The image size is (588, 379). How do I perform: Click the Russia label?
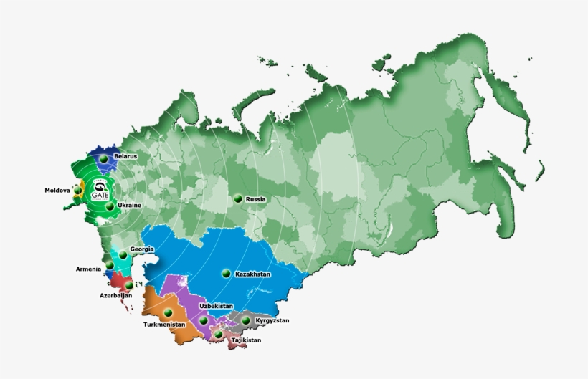tap(256, 199)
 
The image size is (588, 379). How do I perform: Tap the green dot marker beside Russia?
tap(237, 198)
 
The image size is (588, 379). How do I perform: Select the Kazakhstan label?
tap(252, 274)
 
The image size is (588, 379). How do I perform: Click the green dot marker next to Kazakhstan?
tap(226, 273)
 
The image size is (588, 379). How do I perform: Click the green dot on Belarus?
tap(104, 158)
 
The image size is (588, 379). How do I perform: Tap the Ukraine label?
tap(129, 206)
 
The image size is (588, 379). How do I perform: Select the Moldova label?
tap(57, 191)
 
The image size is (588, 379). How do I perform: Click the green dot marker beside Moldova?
tap(77, 191)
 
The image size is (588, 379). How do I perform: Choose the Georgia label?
tap(142, 249)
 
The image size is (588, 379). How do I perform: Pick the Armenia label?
tap(89, 269)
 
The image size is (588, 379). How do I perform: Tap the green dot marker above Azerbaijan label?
tap(129, 285)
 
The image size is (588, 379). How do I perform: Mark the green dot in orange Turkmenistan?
tap(168, 312)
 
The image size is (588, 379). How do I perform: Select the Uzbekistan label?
tap(216, 306)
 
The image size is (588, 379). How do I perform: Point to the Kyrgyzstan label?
tap(272, 320)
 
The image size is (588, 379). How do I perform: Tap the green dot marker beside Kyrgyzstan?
tap(246, 320)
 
